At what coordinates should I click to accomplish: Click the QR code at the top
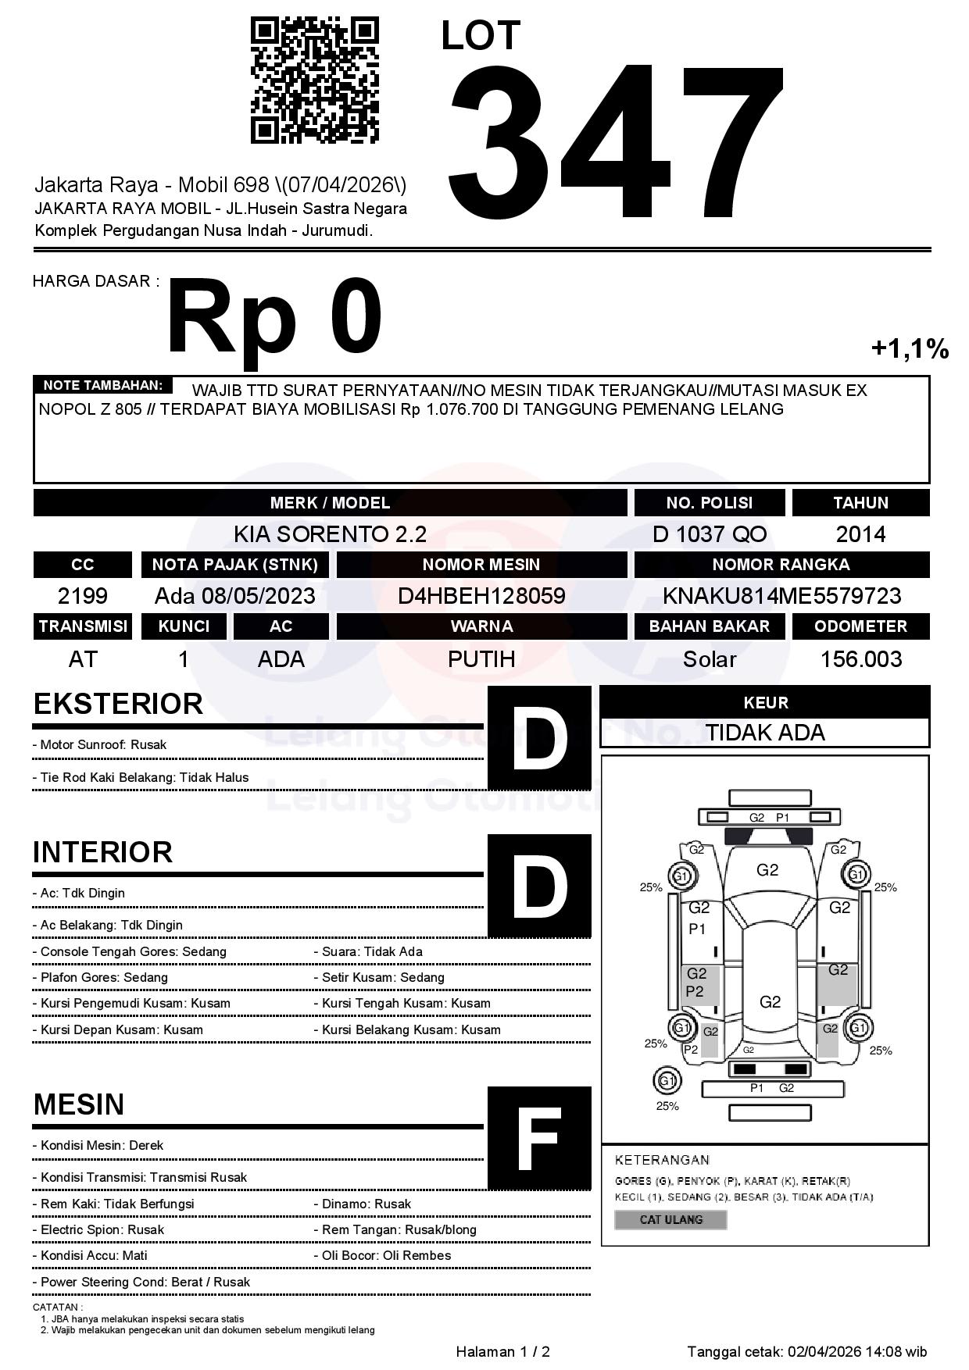coord(314,81)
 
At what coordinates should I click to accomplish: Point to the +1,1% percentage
coord(910,348)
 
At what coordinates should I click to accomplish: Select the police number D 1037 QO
coord(710,534)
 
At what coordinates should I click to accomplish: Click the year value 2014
coord(860,534)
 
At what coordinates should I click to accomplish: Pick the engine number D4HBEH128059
coord(481,596)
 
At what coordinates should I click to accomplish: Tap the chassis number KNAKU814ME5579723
coord(781,596)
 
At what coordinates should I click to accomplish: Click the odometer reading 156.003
coord(860,659)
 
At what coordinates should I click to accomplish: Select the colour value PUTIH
coord(481,659)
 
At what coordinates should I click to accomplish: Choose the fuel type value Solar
coord(710,659)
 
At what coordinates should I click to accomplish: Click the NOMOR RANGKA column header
coord(781,564)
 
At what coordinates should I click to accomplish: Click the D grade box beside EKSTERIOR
coord(539,737)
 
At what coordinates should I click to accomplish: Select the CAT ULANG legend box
coord(670,1219)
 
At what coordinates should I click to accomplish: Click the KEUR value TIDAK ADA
coord(765,733)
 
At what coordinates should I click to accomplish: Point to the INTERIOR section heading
coord(102,851)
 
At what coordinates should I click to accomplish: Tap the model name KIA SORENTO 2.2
coord(330,534)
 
